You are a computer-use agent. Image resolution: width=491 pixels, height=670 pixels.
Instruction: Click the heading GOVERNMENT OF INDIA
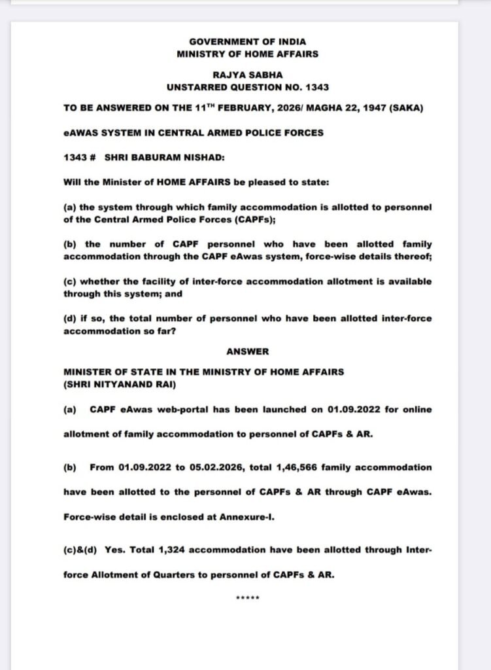point(247,42)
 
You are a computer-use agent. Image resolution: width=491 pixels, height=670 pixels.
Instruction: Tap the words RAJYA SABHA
point(247,75)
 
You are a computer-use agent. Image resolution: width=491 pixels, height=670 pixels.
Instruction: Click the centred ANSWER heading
point(247,351)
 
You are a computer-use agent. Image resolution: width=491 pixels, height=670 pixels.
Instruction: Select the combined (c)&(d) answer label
point(80,550)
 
